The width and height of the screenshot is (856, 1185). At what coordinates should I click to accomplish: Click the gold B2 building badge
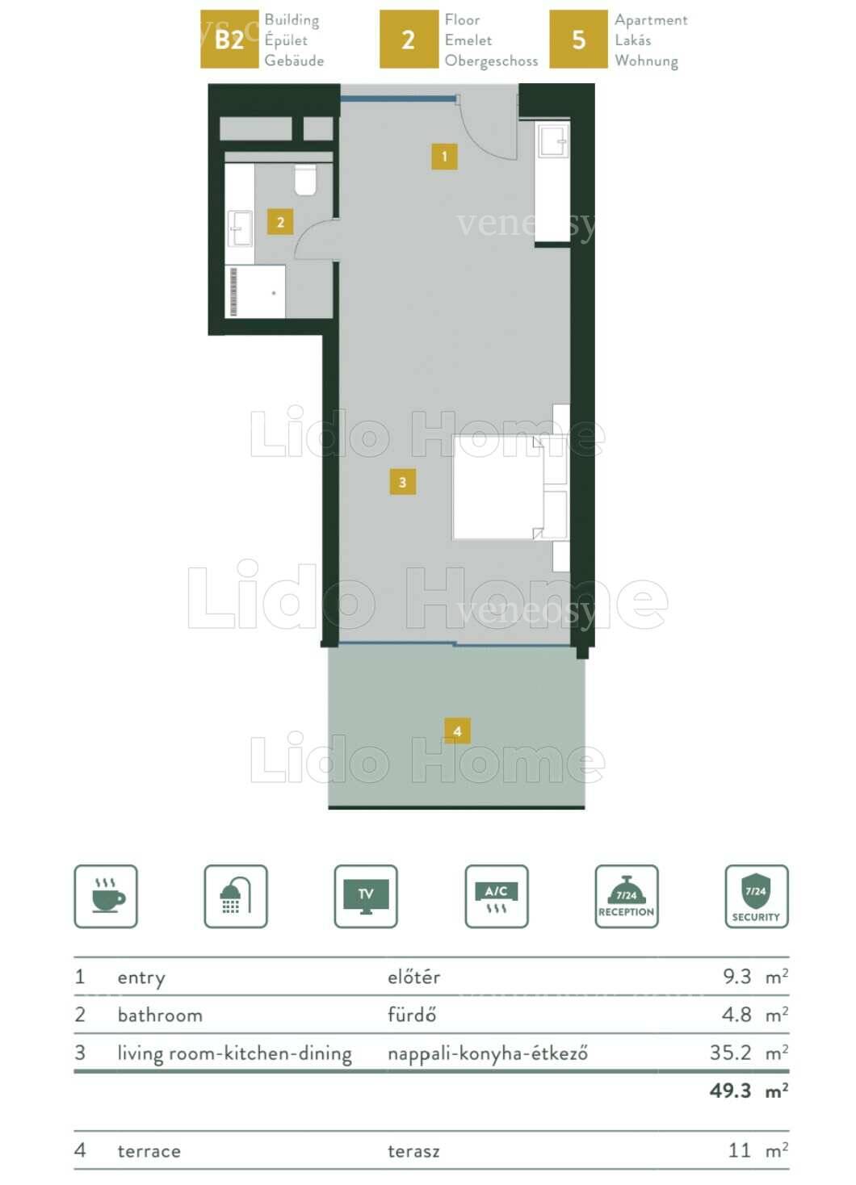click(229, 39)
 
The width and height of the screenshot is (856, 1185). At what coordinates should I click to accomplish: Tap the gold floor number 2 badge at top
click(409, 39)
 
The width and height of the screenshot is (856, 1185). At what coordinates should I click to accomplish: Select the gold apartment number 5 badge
click(578, 39)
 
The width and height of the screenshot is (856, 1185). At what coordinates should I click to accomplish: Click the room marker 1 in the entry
click(444, 156)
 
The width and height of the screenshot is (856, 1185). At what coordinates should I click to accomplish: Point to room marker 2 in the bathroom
click(280, 222)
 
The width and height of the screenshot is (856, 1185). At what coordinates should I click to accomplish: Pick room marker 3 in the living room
click(402, 482)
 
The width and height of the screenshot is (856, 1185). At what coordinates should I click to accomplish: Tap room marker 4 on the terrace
click(457, 731)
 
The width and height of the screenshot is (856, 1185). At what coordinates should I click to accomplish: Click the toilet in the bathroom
click(305, 179)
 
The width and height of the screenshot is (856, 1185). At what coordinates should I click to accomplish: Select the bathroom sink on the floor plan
click(240, 228)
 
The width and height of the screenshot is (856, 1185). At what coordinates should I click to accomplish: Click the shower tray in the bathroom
click(255, 291)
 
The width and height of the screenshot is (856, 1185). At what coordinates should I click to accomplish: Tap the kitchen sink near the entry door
click(553, 140)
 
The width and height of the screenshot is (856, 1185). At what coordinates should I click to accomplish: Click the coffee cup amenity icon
click(106, 896)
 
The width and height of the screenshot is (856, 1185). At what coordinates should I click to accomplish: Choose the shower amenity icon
click(236, 896)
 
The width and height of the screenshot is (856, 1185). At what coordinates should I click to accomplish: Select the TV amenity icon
click(366, 896)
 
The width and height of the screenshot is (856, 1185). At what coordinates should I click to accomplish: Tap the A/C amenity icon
click(497, 896)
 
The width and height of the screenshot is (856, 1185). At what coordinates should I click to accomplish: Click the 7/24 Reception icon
click(627, 896)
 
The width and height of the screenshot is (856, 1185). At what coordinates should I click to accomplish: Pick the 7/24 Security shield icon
click(757, 896)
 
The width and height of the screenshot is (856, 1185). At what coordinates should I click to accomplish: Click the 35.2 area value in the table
click(730, 1053)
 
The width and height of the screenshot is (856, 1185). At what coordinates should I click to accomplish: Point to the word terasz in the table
click(413, 1150)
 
